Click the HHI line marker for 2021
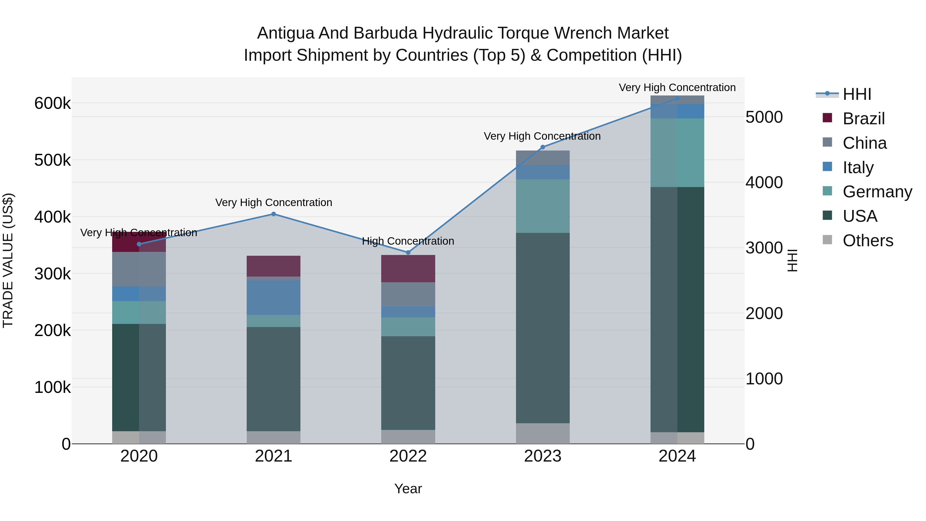(x=274, y=214)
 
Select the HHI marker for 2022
(x=408, y=253)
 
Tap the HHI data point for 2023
(x=543, y=147)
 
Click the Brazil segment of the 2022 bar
(x=408, y=269)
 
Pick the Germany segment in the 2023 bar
(x=543, y=206)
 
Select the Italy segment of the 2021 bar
(x=274, y=298)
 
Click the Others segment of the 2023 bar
(x=543, y=433)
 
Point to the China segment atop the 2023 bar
(x=543, y=158)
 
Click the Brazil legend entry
(x=863, y=119)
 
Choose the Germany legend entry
(x=877, y=192)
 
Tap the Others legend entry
(x=868, y=241)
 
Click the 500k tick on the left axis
(x=52, y=160)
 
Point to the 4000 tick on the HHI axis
(x=764, y=183)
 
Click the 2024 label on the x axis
(x=677, y=456)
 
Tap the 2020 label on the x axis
(x=139, y=456)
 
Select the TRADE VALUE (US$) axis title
(x=8, y=260)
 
